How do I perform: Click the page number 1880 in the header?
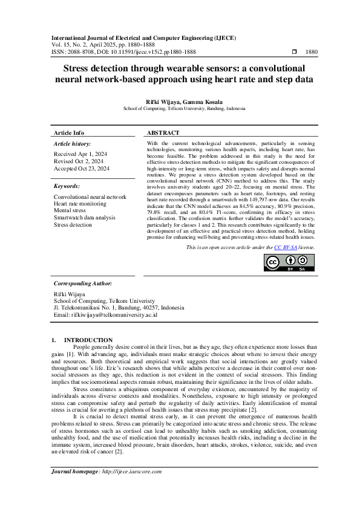click(312, 53)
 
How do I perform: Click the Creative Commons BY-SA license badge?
click(289, 263)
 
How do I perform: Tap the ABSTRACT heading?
click(163, 132)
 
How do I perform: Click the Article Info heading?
click(69, 132)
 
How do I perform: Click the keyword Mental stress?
click(71, 211)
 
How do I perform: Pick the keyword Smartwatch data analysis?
click(85, 218)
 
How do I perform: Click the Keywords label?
click(67, 186)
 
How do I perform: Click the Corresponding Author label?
click(82, 283)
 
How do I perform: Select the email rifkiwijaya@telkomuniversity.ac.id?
click(106, 315)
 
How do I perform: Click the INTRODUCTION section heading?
click(88, 340)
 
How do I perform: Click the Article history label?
click(73, 144)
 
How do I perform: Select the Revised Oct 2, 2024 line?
click(79, 162)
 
